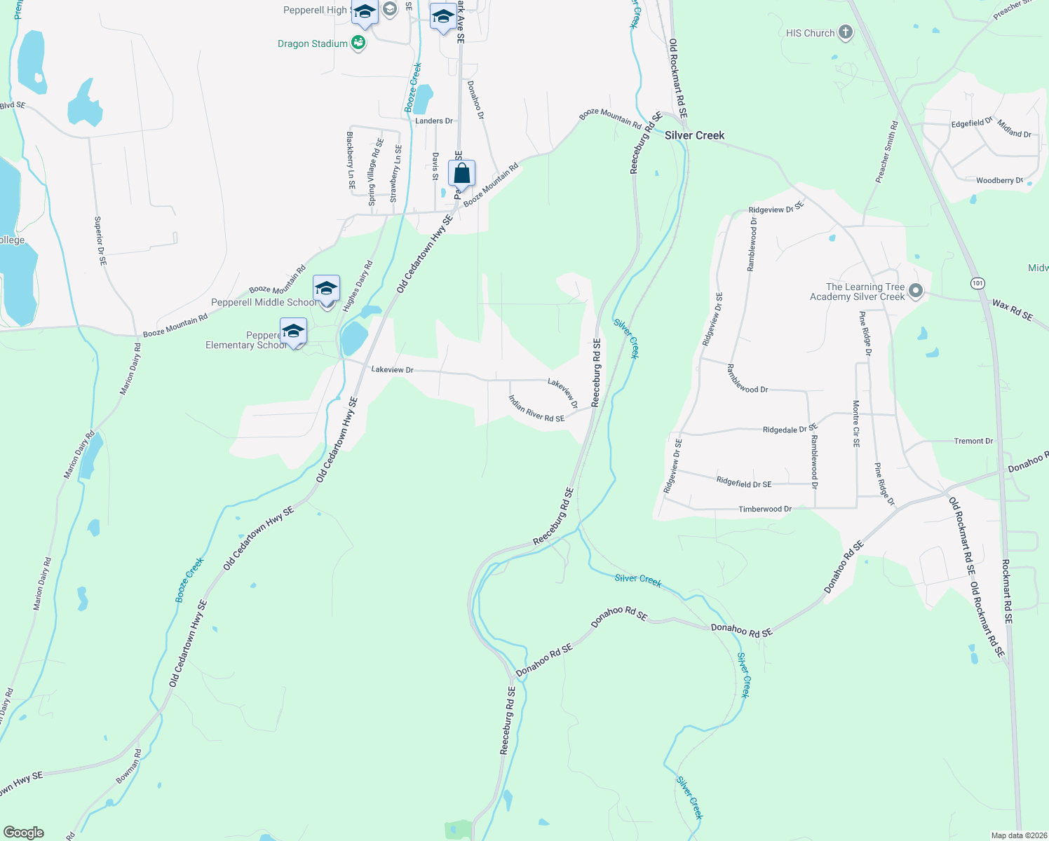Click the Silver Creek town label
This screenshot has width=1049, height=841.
pyautogui.click(x=694, y=135)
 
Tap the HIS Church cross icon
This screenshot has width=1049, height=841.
pyautogui.click(x=846, y=33)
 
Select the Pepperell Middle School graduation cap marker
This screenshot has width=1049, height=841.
pyautogui.click(x=326, y=289)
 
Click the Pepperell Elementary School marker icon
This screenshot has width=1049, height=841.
pyautogui.click(x=293, y=331)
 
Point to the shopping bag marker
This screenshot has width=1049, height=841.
pyautogui.click(x=462, y=173)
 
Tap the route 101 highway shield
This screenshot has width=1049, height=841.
pyautogui.click(x=978, y=283)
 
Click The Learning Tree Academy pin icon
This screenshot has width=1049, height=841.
pyautogui.click(x=915, y=291)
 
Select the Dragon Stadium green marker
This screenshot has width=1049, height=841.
pyautogui.click(x=358, y=43)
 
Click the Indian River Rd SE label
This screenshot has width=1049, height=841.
pyautogui.click(x=536, y=409)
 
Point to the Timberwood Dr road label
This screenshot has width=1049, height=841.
pyautogui.click(x=765, y=509)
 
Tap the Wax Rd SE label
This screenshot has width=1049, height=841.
pyautogui.click(x=1013, y=310)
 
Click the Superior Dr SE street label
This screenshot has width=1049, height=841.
pyautogui.click(x=100, y=240)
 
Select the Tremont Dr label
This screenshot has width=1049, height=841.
pyautogui.click(x=973, y=441)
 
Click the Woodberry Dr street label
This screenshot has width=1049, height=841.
pyautogui.click(x=999, y=180)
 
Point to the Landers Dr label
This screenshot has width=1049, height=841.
pyautogui.click(x=434, y=121)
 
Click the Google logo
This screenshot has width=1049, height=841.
pyautogui.click(x=24, y=833)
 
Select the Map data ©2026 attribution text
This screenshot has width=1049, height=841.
pyautogui.click(x=1019, y=835)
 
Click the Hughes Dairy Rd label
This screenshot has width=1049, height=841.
pyautogui.click(x=358, y=286)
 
